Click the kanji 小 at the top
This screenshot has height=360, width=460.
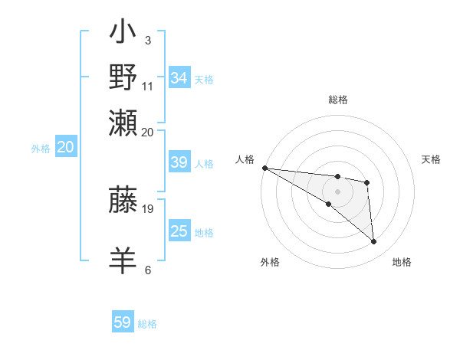click(123, 35)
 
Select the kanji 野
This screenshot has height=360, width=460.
click(123, 77)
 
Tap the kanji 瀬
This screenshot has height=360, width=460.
click(123, 120)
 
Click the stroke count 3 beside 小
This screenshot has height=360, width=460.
click(148, 40)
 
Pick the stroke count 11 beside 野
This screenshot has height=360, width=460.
click(148, 86)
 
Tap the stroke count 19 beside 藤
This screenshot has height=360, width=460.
click(148, 208)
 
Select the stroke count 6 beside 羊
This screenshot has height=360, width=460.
click(148, 270)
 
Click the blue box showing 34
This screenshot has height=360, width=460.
click(179, 78)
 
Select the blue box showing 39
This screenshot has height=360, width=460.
click(179, 162)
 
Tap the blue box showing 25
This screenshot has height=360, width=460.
click(179, 231)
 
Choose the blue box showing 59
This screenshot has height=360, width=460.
click(123, 322)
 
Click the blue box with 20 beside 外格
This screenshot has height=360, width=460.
click(65, 147)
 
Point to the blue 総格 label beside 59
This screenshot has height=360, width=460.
click(147, 324)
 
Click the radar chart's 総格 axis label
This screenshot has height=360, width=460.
click(338, 100)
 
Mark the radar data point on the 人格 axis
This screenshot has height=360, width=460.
click(264, 168)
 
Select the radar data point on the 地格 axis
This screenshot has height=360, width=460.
click(373, 242)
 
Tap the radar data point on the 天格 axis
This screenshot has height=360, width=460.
click(367, 182)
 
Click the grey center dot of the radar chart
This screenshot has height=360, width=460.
click(338, 191)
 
